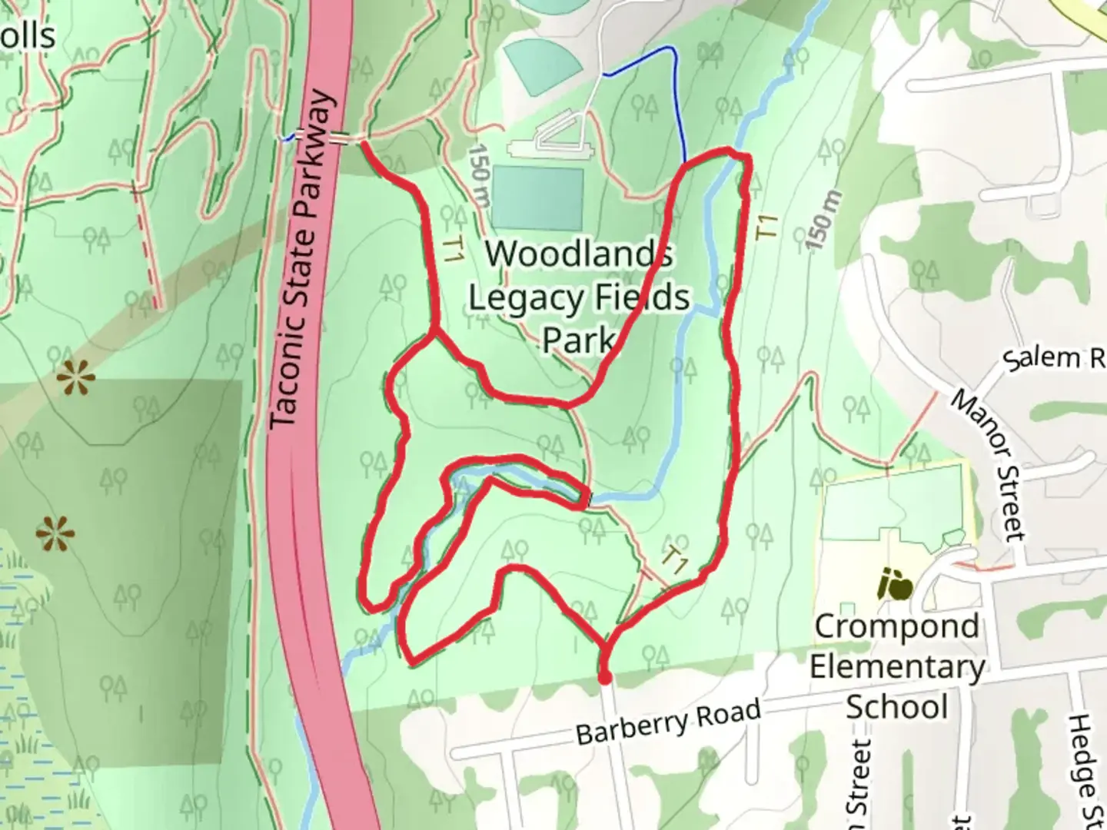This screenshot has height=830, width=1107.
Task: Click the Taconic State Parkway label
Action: (304, 261)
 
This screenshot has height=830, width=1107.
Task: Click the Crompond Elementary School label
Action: (896, 666)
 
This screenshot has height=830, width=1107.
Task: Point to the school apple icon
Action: (896, 585)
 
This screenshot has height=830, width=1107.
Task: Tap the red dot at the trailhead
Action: (605, 677)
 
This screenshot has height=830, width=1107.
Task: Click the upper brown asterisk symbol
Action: (76, 378)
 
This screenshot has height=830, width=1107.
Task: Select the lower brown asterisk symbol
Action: (55, 533)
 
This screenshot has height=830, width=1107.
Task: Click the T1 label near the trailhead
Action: (676, 560)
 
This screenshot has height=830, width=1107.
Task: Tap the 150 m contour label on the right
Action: (820, 220)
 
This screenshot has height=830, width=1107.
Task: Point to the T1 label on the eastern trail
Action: (767, 227)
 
